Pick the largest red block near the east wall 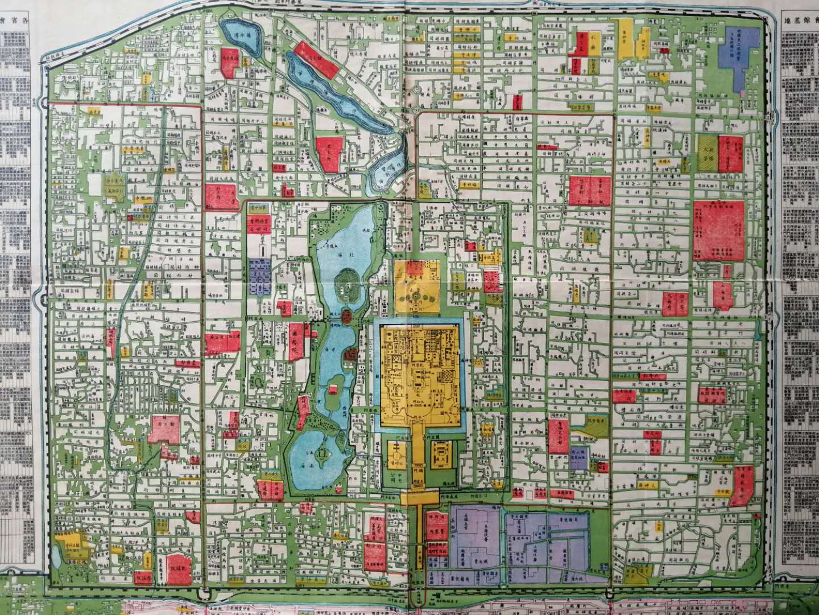(719, 230)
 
